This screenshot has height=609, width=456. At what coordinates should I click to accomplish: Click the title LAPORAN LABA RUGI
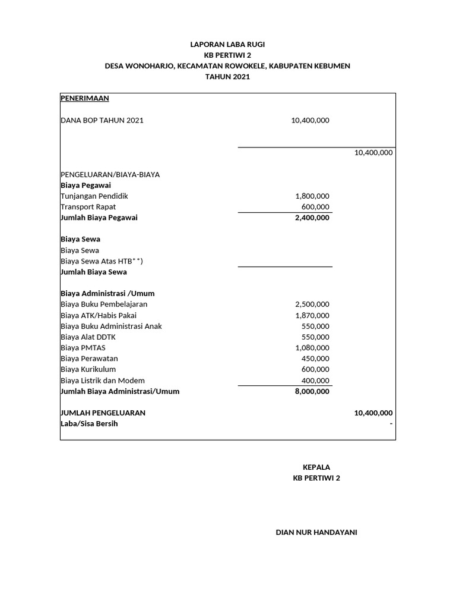click(227, 45)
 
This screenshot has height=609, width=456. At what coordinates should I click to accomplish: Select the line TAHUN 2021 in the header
click(227, 77)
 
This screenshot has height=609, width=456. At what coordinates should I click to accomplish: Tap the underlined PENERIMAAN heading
click(85, 98)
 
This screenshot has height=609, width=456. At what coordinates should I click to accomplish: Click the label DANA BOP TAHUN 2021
click(102, 120)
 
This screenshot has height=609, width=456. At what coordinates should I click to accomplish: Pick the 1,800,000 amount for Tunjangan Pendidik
click(312, 196)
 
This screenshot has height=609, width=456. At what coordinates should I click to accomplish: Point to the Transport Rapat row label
click(88, 207)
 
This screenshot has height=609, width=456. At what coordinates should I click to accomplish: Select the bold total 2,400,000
click(312, 218)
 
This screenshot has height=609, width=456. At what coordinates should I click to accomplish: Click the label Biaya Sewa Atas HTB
click(102, 261)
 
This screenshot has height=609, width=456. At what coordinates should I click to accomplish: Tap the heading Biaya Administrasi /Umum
click(107, 293)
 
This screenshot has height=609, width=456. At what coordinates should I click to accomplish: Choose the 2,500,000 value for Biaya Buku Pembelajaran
click(312, 304)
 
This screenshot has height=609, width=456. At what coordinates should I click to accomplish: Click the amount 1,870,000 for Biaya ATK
click(312, 315)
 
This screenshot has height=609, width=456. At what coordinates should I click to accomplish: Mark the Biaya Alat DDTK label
click(88, 337)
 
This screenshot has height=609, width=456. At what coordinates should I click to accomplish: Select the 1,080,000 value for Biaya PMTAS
click(312, 348)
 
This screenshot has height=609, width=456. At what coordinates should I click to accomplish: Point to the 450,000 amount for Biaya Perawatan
click(315, 359)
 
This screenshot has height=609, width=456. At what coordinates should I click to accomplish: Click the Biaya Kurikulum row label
click(88, 369)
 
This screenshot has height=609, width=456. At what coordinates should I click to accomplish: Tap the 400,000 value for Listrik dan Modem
click(315, 381)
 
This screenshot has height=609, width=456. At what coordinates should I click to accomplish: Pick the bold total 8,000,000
click(312, 391)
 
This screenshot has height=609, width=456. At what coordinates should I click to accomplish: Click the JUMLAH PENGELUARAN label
click(103, 413)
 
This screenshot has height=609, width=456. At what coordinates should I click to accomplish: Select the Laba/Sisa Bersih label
click(89, 423)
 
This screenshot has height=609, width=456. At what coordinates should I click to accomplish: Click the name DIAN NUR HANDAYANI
click(316, 532)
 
